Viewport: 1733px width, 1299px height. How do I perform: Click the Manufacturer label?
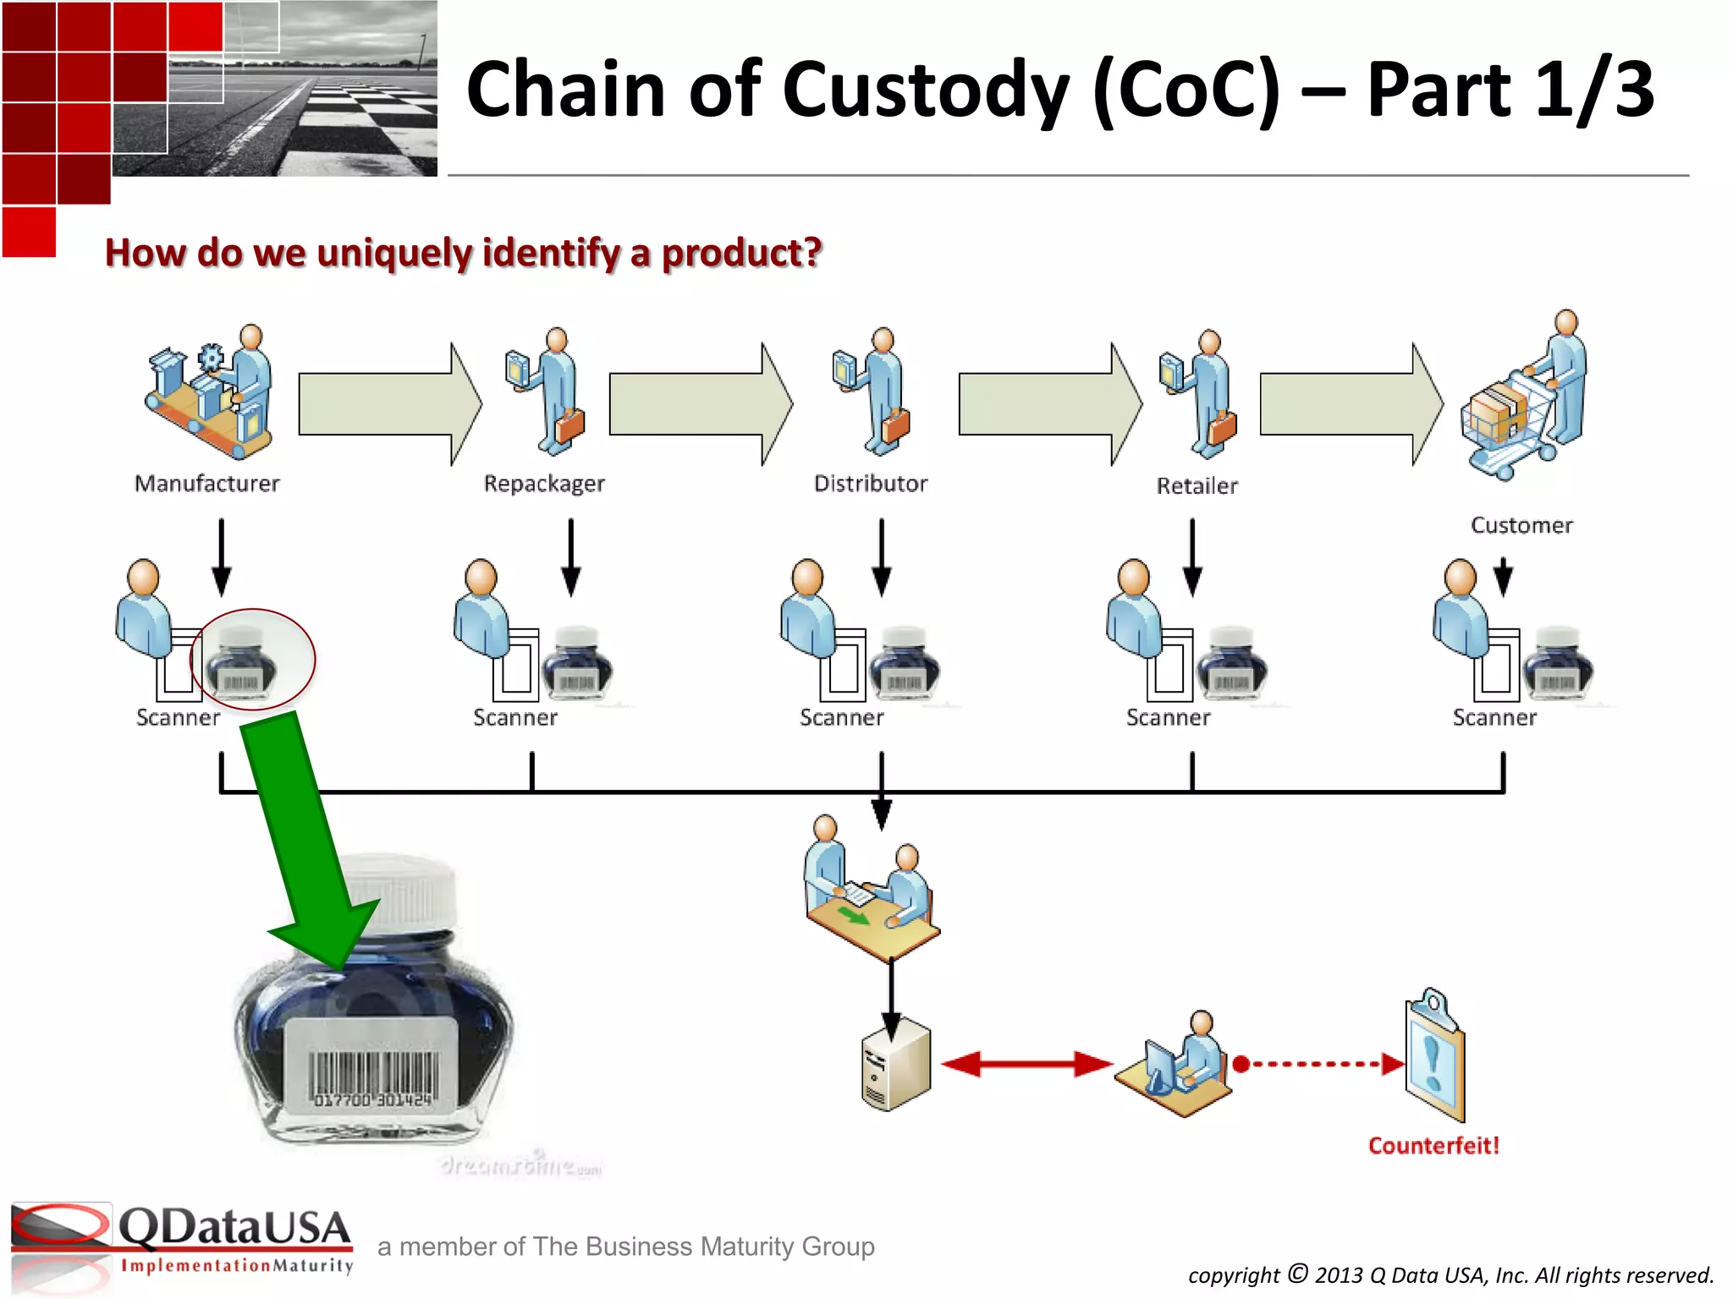[206, 484]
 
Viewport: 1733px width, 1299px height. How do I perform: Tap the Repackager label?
[544, 484]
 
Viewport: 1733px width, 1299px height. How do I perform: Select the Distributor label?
[870, 484]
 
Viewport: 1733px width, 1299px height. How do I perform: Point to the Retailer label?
[1197, 486]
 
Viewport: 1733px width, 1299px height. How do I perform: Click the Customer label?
[1521, 525]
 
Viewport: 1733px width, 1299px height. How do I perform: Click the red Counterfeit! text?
[1433, 1146]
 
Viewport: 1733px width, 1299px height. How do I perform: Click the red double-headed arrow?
[1026, 1064]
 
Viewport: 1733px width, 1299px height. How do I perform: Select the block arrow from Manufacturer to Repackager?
[385, 404]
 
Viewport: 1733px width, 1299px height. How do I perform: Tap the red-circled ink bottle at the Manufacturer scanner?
[245, 660]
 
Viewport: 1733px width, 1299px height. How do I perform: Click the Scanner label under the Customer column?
[1494, 718]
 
